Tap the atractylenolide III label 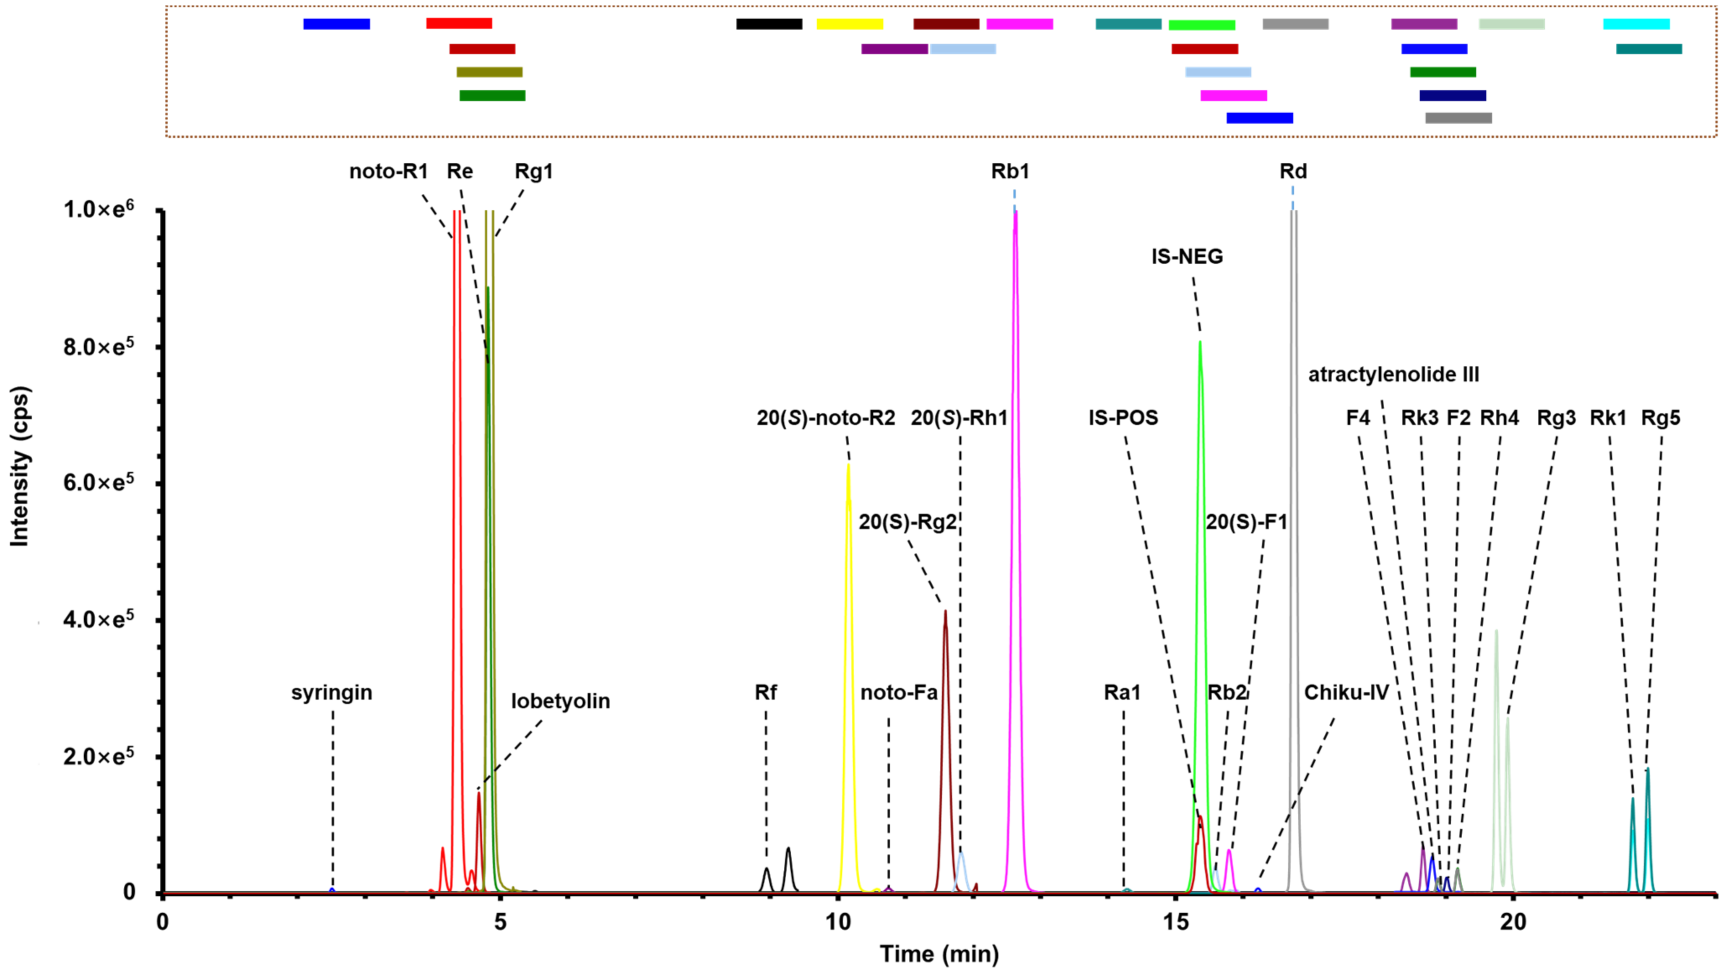point(1393,374)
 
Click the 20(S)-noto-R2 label point(826,418)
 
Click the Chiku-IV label point(1346,692)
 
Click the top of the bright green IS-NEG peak point(1200,343)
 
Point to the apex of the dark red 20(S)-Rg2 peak point(946,611)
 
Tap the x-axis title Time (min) point(939,954)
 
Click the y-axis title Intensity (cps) point(20,466)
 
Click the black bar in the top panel point(769,24)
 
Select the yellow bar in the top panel point(850,24)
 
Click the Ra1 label point(1122,692)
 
